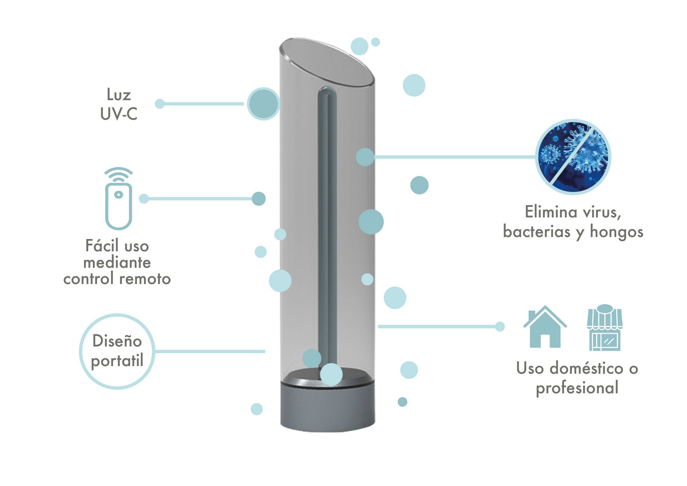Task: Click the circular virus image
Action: [573, 157]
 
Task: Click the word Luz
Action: [118, 95]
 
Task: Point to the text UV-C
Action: [119, 114]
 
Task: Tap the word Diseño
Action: [117, 341]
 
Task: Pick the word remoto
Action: [145, 279]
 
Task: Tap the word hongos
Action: [617, 232]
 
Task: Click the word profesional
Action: [577, 388]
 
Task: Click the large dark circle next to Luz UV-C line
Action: [263, 104]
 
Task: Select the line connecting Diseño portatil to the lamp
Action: [210, 351]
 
